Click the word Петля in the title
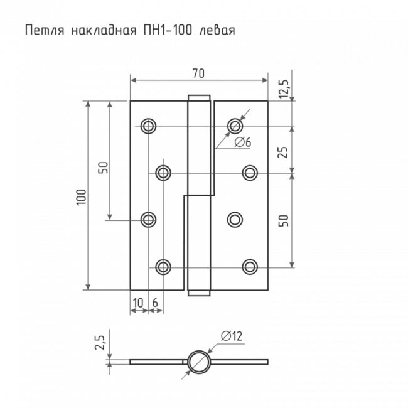(x=45, y=30)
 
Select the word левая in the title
(x=217, y=31)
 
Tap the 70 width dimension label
(x=198, y=73)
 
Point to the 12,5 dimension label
(x=284, y=89)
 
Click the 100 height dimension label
(x=81, y=197)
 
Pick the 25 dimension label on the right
(x=283, y=153)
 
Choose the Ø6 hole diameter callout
(x=243, y=142)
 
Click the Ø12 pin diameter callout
(x=232, y=336)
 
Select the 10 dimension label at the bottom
(x=138, y=303)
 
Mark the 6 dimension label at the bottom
(x=155, y=303)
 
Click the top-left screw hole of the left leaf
(x=148, y=126)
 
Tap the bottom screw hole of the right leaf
(x=250, y=267)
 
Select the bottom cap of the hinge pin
(x=199, y=293)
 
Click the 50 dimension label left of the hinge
(x=103, y=168)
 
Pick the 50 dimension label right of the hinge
(x=284, y=220)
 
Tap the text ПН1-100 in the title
(x=168, y=31)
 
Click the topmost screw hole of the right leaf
(x=235, y=126)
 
